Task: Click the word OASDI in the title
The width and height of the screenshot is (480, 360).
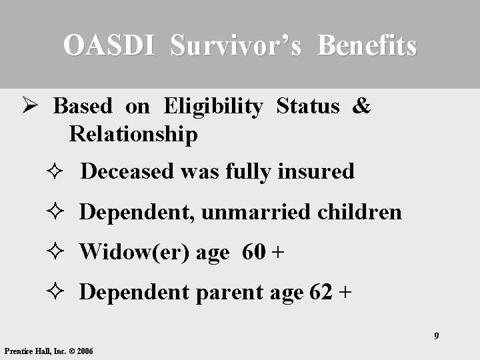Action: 111,45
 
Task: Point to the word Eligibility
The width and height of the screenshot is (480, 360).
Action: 213,107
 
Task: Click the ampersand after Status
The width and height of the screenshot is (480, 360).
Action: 361,107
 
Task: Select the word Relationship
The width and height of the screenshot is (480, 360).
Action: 133,135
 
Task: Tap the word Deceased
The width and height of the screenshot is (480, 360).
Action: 127,172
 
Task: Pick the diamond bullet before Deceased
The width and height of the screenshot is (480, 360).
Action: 57,173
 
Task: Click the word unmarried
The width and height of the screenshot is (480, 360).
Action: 255,212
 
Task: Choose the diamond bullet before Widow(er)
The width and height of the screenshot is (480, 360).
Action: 57,253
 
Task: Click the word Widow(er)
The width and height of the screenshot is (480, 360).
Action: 134,252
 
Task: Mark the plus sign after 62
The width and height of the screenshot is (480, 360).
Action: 345,293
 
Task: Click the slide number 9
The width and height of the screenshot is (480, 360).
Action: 437,335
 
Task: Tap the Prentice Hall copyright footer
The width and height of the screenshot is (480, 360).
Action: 49,351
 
